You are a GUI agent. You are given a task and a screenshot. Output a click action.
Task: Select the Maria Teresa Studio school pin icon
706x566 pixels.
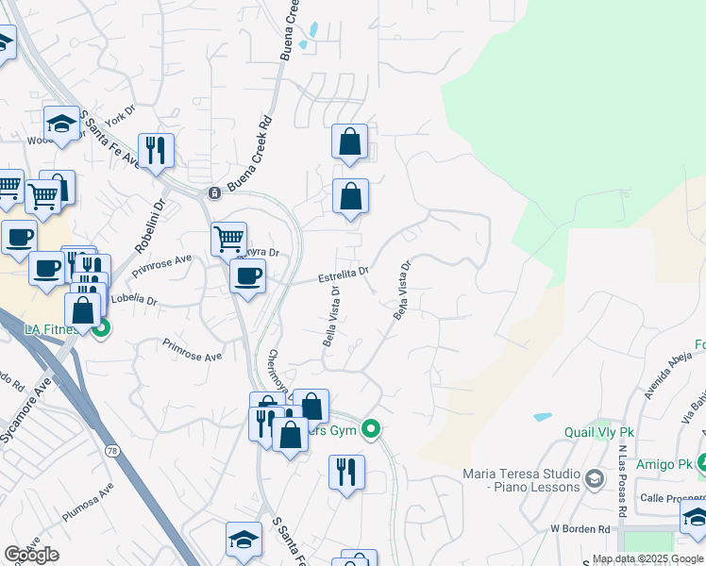(x=594, y=479)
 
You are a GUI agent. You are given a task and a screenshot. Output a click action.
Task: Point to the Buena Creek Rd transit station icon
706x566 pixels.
(x=214, y=193)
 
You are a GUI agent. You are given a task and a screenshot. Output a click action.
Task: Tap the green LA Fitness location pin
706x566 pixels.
(x=101, y=329)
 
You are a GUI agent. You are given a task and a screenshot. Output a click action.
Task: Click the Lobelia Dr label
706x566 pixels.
(x=133, y=300)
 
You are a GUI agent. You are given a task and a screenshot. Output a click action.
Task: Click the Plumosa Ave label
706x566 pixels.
(x=87, y=505)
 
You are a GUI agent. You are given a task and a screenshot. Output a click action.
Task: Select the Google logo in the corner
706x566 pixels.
(x=31, y=555)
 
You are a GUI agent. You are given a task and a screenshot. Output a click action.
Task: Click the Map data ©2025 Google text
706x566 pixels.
(x=647, y=558)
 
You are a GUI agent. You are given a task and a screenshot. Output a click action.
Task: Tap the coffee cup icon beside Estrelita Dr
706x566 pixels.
(x=247, y=276)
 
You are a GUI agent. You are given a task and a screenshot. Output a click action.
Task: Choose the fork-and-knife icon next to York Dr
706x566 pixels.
(x=156, y=150)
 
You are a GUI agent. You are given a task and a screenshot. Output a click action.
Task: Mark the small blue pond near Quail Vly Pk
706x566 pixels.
(x=543, y=416)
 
